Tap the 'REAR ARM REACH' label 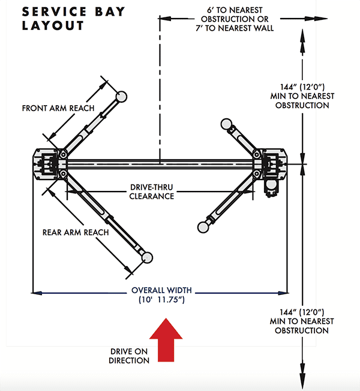[x=76, y=232]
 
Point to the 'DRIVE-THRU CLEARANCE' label [x=152, y=192]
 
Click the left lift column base [x=48, y=163]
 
